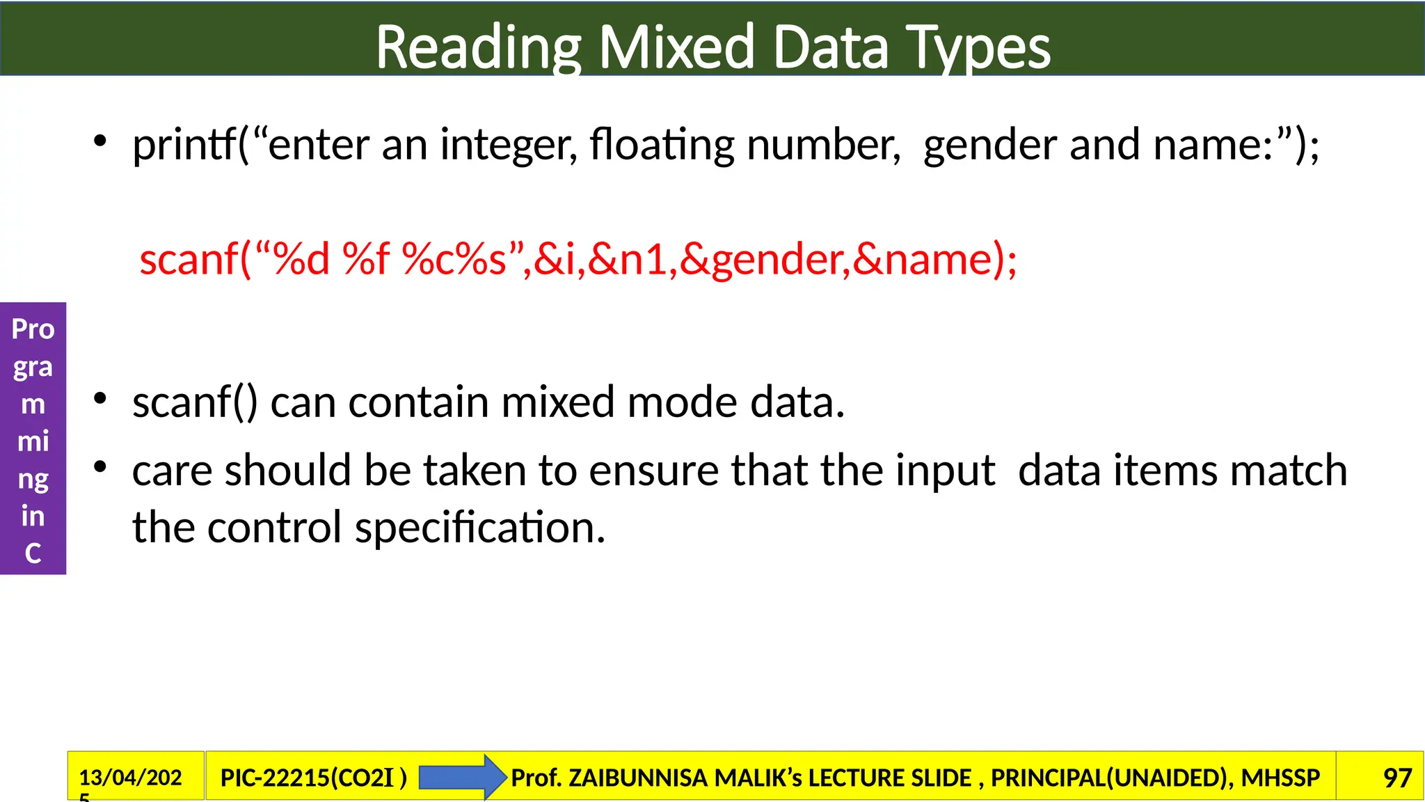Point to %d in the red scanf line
coord(301,259)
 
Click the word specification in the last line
coord(479,527)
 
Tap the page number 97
coord(1397,778)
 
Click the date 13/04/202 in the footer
coord(130,777)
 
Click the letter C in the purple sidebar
coord(33,553)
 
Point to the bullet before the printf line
coord(100,141)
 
